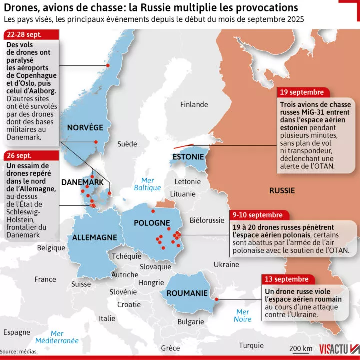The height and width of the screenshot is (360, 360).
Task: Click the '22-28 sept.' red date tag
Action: (x=24, y=35)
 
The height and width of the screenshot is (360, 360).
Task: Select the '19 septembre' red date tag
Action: (x=301, y=93)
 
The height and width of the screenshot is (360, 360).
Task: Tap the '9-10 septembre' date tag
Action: (x=259, y=215)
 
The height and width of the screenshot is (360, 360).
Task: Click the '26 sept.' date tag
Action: (x=20, y=155)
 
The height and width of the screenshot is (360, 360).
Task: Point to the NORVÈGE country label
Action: (x=85, y=127)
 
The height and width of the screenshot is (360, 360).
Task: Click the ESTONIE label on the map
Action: (x=188, y=157)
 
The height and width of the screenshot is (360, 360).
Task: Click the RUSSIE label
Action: (x=282, y=190)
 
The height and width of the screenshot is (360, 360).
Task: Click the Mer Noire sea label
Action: (x=243, y=315)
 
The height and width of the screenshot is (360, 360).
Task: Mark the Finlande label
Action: (x=194, y=104)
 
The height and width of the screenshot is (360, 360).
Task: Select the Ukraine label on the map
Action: (x=226, y=264)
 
